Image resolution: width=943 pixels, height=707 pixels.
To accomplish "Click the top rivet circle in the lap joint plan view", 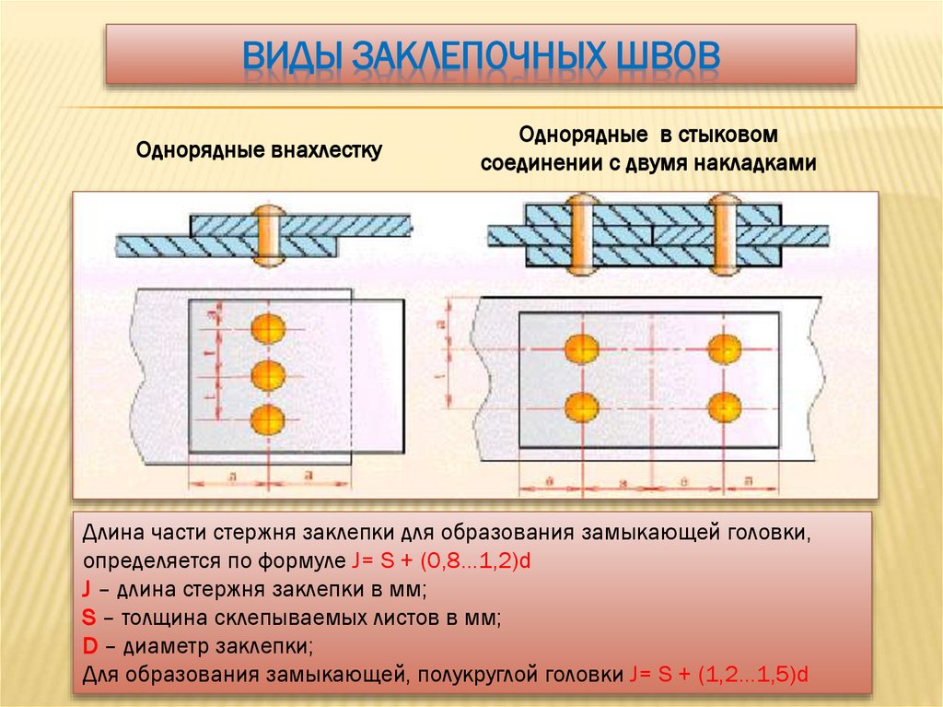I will point(267,327).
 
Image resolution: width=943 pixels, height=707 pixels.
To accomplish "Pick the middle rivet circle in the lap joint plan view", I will point(267,374).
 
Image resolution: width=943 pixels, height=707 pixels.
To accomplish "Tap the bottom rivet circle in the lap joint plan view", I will point(267,420).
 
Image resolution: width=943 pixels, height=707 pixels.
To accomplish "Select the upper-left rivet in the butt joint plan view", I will point(581,348).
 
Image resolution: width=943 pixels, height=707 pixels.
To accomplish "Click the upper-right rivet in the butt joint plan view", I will point(724,348).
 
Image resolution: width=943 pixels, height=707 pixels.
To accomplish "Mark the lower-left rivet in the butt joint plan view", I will point(581,406).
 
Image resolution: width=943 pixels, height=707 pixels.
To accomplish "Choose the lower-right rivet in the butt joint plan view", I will point(724,406).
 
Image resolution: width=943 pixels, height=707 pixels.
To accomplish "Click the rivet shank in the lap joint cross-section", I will point(267,235).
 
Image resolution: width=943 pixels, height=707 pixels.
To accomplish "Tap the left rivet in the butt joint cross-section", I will point(581,235).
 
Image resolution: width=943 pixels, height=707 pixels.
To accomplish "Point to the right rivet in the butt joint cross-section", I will point(724,235).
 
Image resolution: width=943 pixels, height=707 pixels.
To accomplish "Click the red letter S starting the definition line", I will point(88,618).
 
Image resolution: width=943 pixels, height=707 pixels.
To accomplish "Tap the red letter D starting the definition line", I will point(88,646).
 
